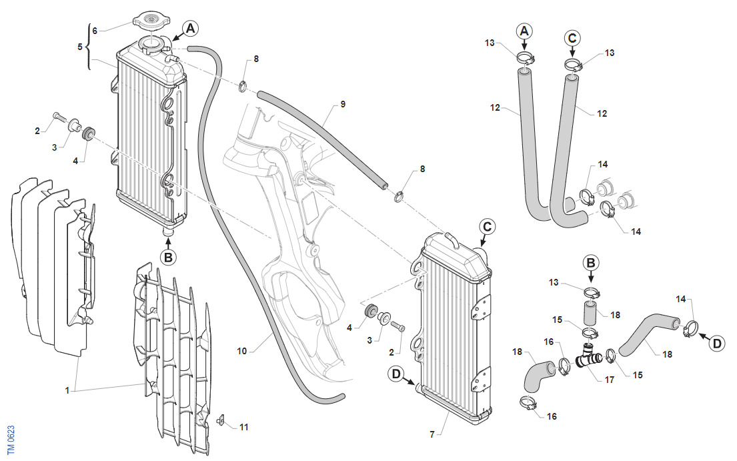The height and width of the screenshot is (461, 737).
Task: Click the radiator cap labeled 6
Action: coord(151,20)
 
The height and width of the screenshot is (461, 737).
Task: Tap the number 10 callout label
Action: coord(241,351)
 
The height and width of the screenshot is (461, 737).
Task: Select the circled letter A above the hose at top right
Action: coord(524,31)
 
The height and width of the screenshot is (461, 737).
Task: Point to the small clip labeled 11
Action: coord(221,420)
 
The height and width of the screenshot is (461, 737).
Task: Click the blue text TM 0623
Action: coord(11,440)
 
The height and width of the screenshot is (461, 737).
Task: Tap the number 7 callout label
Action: coord(432,435)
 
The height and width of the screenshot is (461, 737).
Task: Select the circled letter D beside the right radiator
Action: coord(396,374)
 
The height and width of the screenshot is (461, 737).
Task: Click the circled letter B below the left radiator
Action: coord(168,258)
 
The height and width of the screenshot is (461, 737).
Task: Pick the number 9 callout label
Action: coord(343,104)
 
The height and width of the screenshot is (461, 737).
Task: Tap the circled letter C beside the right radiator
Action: coord(488,227)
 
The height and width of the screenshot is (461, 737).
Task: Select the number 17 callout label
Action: coord(609,380)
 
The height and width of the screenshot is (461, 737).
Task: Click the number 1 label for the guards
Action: coord(67,390)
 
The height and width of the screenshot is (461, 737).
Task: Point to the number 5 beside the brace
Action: coord(80,47)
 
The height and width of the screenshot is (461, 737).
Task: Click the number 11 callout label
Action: coord(243,427)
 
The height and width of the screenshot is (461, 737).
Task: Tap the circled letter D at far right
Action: coord(717,344)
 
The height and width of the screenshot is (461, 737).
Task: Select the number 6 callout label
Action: coord(95,31)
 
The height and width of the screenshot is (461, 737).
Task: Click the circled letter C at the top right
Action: coord(572,37)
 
